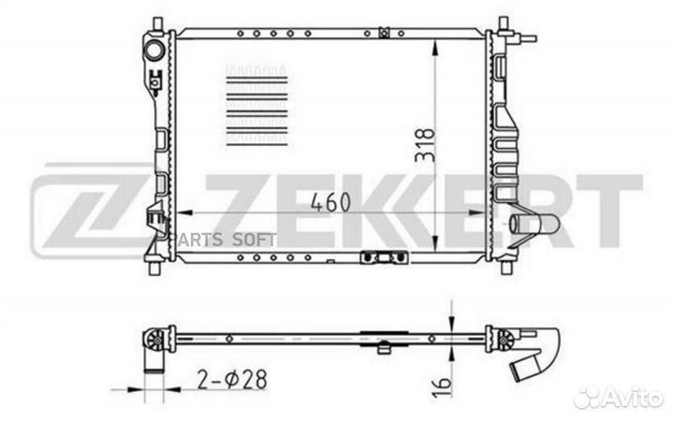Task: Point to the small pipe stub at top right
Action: tap(529, 39)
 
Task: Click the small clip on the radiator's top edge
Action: tap(385, 34)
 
